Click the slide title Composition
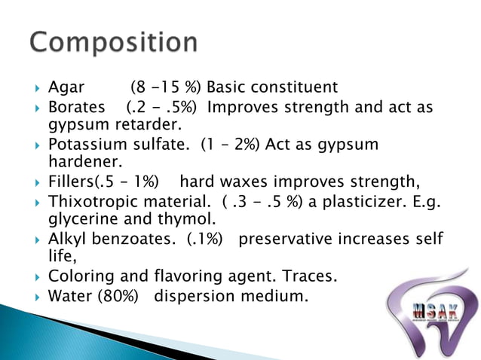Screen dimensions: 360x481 114,41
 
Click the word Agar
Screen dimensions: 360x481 66,87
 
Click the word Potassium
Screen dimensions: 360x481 85,144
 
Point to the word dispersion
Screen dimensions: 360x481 190,296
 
